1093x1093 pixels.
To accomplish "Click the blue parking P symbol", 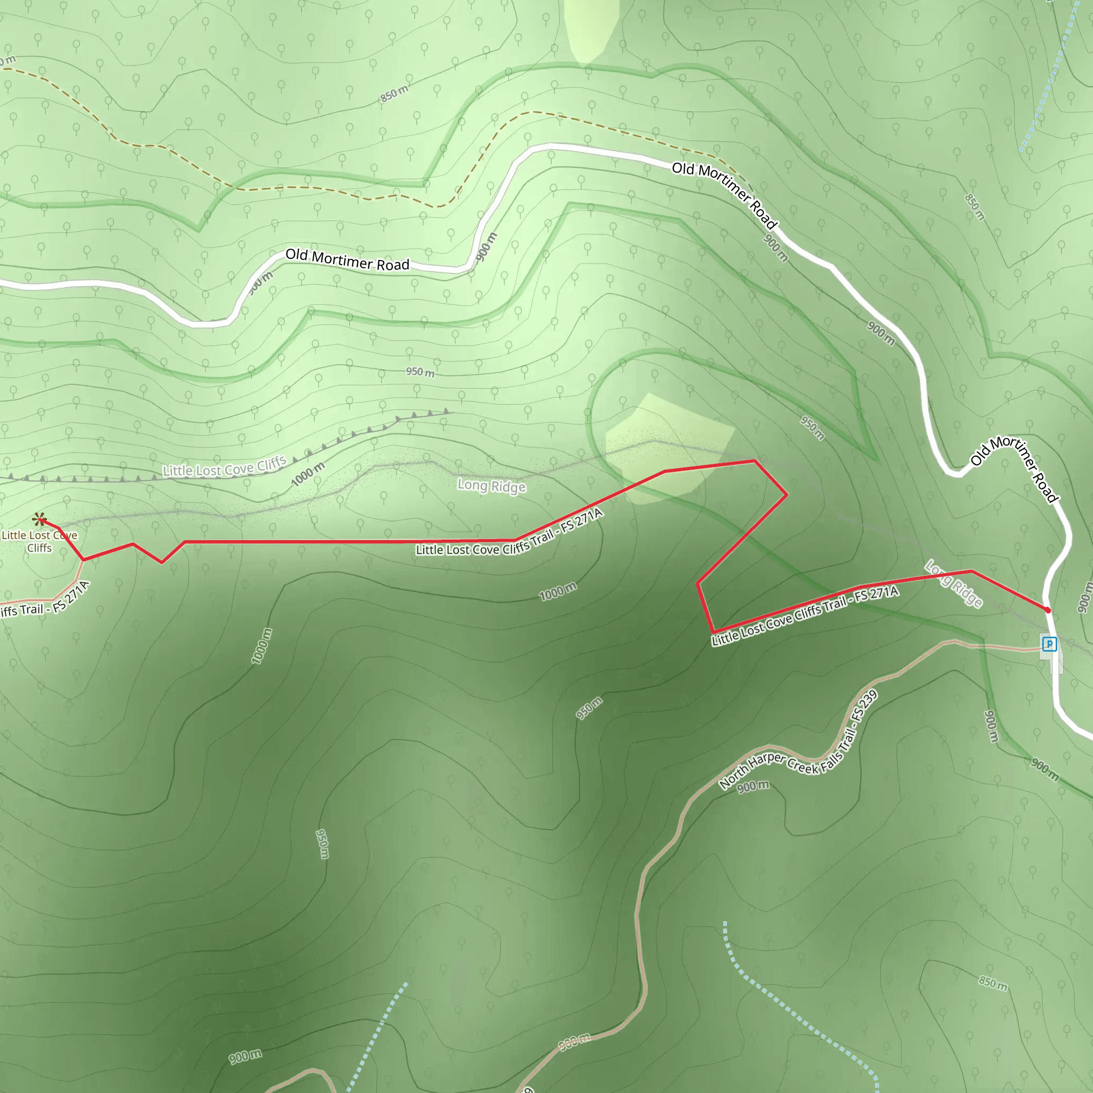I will point(1049,644).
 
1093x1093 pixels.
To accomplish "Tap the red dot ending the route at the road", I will point(1048,611).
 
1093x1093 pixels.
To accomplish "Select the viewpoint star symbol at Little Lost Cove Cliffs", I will point(39,519).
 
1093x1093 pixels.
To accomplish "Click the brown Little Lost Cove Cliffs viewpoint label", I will point(39,541).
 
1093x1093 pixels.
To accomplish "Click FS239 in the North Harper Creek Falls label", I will point(865,705).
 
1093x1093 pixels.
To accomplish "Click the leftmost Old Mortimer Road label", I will point(347,260).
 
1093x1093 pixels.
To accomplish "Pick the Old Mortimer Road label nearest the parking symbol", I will point(1015,469).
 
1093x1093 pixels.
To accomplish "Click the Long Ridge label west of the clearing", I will point(492,486).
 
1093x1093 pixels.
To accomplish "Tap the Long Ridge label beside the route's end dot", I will point(954,583).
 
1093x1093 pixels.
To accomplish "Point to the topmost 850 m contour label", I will point(394,93).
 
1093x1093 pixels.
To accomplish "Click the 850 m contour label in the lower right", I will point(993,983).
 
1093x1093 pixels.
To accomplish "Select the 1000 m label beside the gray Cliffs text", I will point(308,474).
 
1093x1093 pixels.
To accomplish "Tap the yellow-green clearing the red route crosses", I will point(668,447).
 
